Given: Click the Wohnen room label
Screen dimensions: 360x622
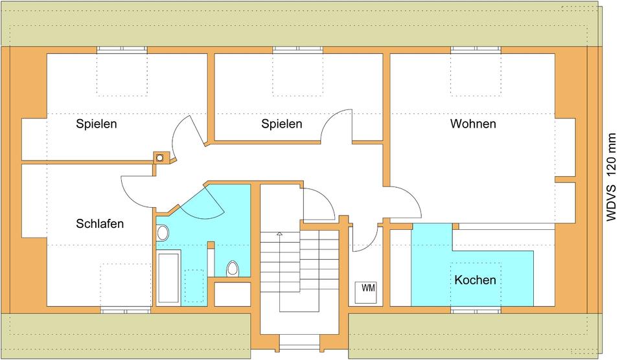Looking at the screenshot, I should click(x=473, y=124).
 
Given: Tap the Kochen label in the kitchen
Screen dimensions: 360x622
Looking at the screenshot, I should click(x=475, y=280).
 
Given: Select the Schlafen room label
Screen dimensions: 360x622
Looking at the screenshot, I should click(x=100, y=224).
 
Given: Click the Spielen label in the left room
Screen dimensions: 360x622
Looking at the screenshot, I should click(x=97, y=124).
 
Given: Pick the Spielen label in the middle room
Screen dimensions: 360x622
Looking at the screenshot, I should click(x=282, y=124).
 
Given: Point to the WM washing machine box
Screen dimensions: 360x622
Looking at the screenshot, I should click(x=368, y=288).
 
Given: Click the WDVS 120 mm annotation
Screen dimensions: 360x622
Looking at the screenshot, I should click(x=611, y=177).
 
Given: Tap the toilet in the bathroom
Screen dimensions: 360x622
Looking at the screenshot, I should click(x=232, y=269).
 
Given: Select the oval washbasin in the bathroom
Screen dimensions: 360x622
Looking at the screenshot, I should click(x=163, y=233).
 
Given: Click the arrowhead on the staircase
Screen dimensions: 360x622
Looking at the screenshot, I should click(x=279, y=233).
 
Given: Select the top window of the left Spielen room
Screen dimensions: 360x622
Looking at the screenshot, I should click(x=122, y=49).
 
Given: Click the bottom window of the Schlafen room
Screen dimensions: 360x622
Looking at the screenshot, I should click(x=126, y=310).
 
